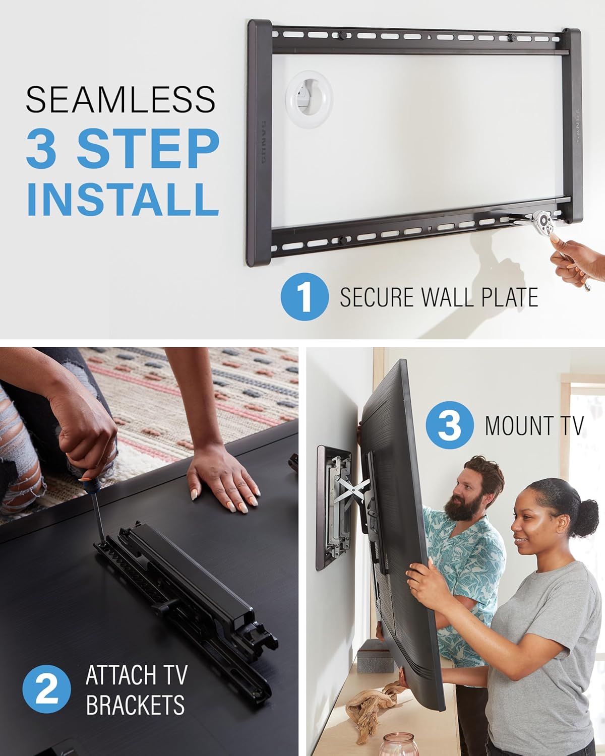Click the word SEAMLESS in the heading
coord(120,99)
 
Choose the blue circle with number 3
coord(450,425)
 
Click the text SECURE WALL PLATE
coord(439,297)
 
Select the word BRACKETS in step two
coord(135,704)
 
